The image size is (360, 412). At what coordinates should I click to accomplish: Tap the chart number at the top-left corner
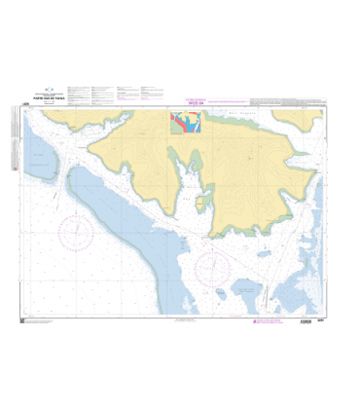point(24,103)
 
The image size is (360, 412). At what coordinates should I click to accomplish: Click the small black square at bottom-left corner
point(22,319)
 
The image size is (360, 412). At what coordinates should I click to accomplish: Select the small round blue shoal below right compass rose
point(221,291)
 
